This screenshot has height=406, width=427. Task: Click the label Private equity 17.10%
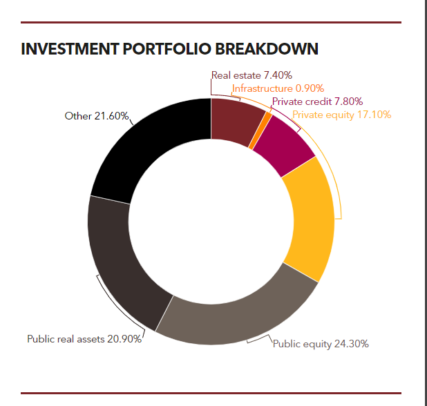click(x=341, y=115)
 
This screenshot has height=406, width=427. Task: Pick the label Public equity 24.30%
click(x=321, y=343)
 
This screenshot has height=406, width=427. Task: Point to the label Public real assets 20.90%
click(x=84, y=339)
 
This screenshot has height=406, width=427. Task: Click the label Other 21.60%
click(x=97, y=116)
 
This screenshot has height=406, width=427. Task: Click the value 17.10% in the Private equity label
click(x=374, y=115)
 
